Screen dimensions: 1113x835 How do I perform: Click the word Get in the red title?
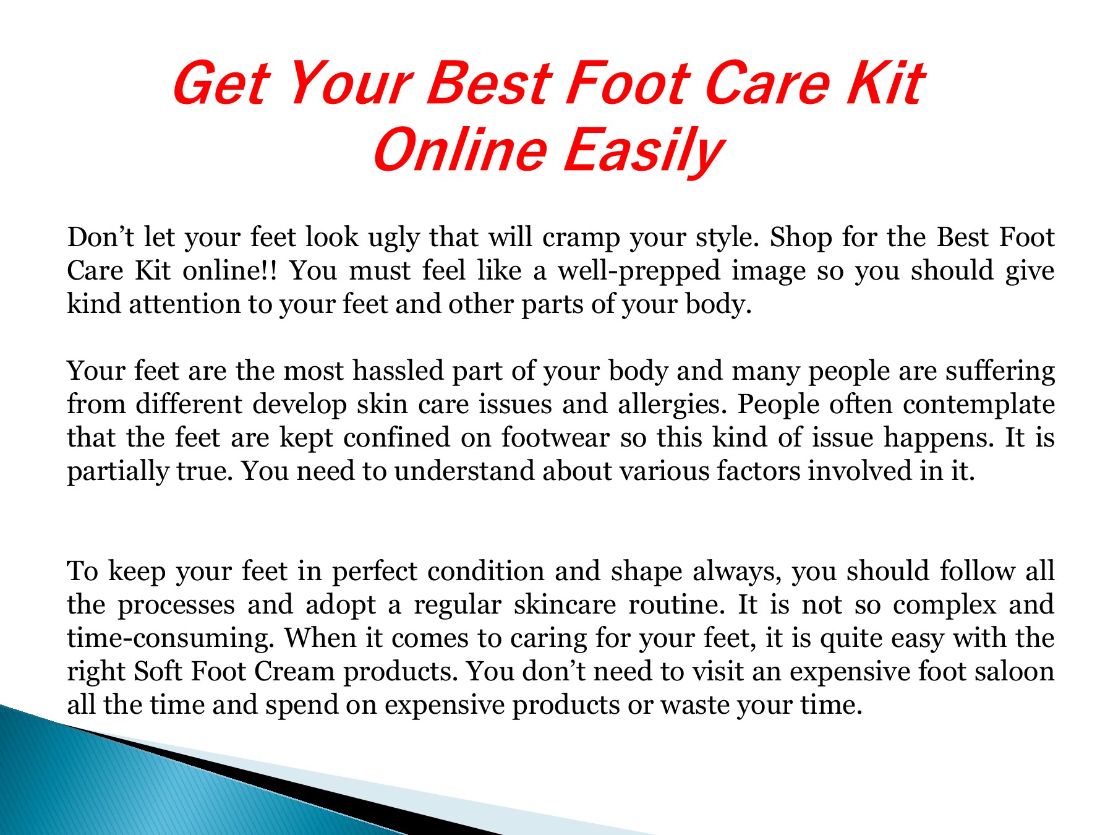tap(220, 83)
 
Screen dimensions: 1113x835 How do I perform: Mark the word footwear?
tap(555, 438)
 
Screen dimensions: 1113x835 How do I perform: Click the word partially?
tap(117, 473)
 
